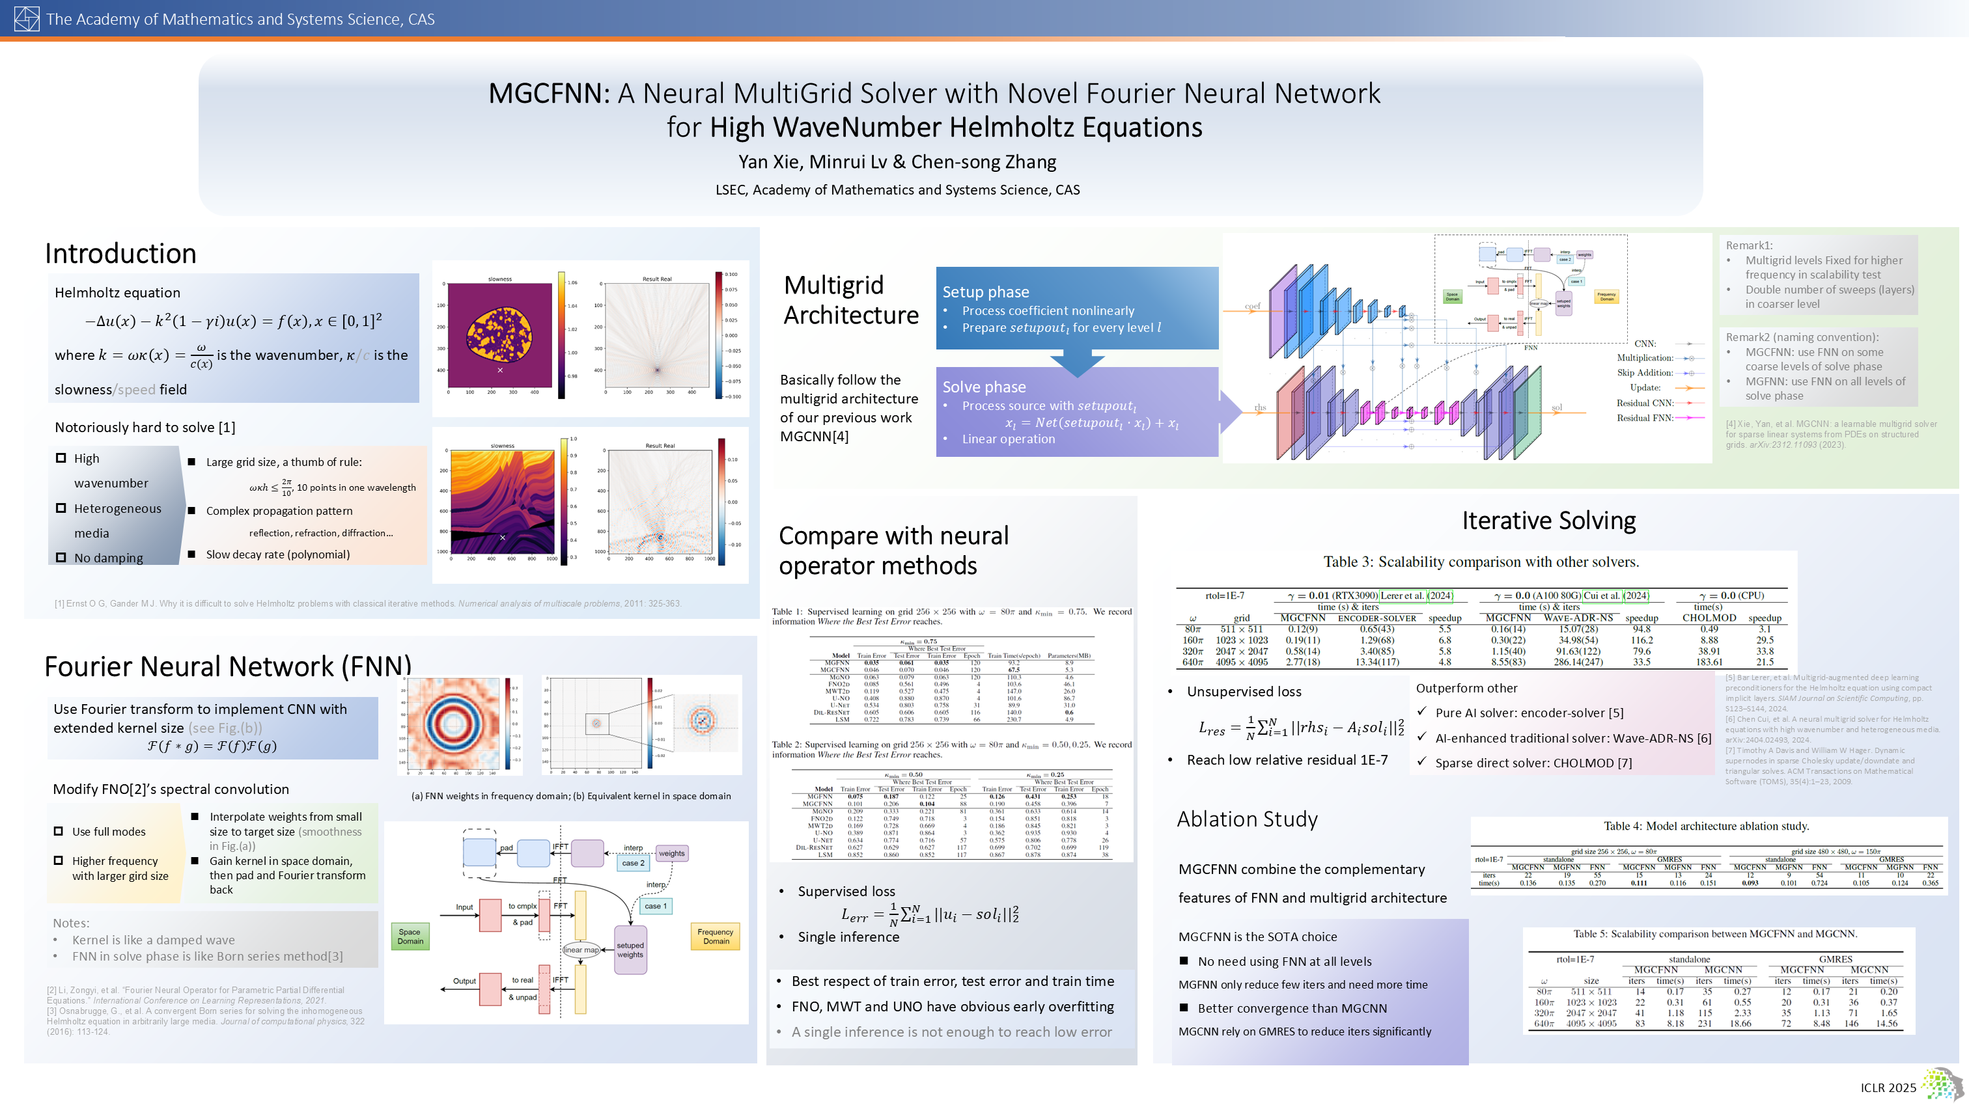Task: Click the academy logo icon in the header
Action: click(27, 19)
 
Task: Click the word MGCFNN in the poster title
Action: click(548, 93)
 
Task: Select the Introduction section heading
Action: click(120, 254)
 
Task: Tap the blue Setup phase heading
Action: click(985, 292)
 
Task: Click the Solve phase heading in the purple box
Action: click(984, 387)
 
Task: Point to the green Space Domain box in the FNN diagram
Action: click(410, 936)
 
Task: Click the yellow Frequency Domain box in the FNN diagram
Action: click(716, 936)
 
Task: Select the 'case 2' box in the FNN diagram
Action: click(633, 862)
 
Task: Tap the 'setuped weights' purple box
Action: click(630, 950)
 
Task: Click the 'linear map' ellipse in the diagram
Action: click(581, 950)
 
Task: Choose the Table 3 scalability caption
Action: click(1481, 562)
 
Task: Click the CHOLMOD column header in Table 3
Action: click(1709, 618)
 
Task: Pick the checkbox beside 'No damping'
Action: click(61, 558)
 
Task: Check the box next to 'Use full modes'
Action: click(59, 831)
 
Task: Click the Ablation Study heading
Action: click(1247, 819)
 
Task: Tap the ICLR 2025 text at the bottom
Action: click(1888, 1087)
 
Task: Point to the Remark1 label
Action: click(1749, 245)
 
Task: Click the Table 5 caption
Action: click(1714, 934)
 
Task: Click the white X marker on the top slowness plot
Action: click(500, 370)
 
